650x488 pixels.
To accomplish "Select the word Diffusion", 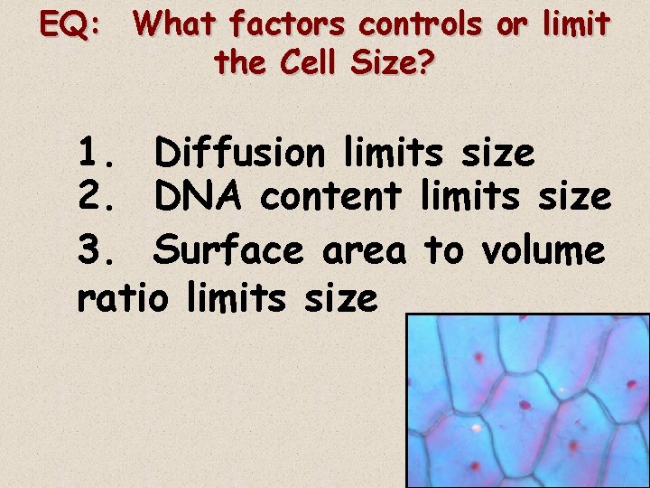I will click(238, 154).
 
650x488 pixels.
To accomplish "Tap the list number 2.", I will click(96, 195).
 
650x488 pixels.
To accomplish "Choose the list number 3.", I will click(96, 250).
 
